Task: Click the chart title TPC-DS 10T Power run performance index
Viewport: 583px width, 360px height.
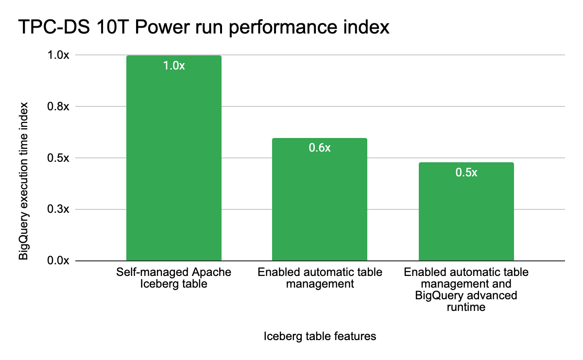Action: [205, 27]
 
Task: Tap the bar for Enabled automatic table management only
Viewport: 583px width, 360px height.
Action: [320, 204]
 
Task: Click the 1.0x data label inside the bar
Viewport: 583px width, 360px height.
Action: [174, 66]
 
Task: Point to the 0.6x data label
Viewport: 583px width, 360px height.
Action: [320, 148]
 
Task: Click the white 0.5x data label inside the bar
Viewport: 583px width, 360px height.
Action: [466, 172]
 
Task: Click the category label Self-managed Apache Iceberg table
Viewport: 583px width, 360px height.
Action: [174, 278]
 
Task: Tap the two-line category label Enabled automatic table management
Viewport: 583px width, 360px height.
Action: [320, 278]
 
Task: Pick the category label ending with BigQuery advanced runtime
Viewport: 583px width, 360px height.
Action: [466, 290]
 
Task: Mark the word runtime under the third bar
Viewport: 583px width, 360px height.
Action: [466, 307]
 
